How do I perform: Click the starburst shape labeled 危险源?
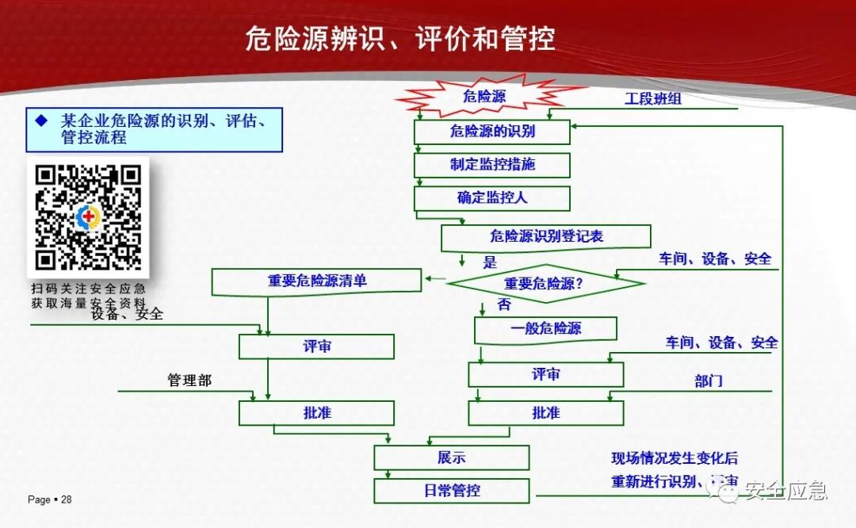tap(483, 97)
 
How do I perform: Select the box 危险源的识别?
tap(491, 132)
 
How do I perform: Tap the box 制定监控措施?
tap(491, 165)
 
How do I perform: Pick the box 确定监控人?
tap(491, 197)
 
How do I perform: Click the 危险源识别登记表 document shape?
tap(545, 236)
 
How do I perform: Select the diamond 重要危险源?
tap(545, 283)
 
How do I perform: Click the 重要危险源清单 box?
tap(316, 281)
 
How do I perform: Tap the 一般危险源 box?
tap(545, 328)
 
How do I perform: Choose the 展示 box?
tap(451, 457)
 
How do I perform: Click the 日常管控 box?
tap(451, 491)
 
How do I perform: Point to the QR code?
tap(88, 216)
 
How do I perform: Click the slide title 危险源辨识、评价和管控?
tap(400, 38)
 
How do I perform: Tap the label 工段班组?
tap(652, 99)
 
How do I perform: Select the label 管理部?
tap(189, 381)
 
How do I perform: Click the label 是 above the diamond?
tap(490, 262)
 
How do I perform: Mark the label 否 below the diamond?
tap(503, 304)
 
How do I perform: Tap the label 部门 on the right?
tap(709, 381)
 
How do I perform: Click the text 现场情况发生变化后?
tap(674, 458)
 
